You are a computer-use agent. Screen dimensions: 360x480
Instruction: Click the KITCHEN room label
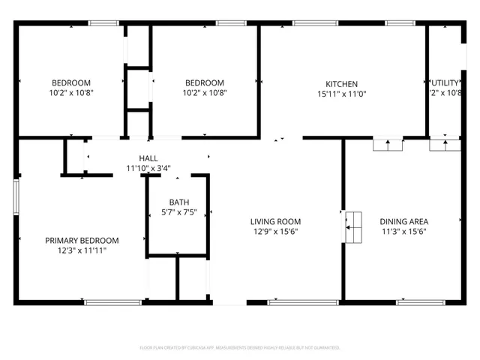click(341, 83)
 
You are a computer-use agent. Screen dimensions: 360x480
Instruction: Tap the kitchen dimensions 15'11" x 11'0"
click(341, 94)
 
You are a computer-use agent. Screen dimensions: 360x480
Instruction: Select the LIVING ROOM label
click(275, 221)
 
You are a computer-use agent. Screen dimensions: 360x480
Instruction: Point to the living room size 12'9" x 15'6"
click(275, 232)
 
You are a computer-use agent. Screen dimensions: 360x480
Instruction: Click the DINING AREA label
click(404, 221)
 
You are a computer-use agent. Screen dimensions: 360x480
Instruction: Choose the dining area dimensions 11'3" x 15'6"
click(404, 232)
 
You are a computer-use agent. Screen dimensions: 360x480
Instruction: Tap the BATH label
click(178, 202)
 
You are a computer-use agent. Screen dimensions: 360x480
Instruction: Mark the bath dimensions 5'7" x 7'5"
click(178, 212)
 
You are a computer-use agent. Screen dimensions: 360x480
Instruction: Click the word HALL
click(148, 158)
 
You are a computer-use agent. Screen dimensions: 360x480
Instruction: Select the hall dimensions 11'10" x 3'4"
click(148, 169)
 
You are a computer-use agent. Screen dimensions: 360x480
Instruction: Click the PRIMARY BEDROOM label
click(82, 240)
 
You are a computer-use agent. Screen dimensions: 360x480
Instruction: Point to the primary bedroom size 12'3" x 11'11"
click(82, 250)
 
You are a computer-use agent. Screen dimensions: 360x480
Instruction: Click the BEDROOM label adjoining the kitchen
click(205, 82)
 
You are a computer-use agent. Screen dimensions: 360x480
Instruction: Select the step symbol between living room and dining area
click(352, 226)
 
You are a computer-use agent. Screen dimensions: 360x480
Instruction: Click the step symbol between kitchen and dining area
click(388, 145)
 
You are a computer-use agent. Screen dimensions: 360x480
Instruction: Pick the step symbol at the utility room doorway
click(445, 145)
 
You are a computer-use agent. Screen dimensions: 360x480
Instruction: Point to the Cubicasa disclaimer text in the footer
click(240, 347)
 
